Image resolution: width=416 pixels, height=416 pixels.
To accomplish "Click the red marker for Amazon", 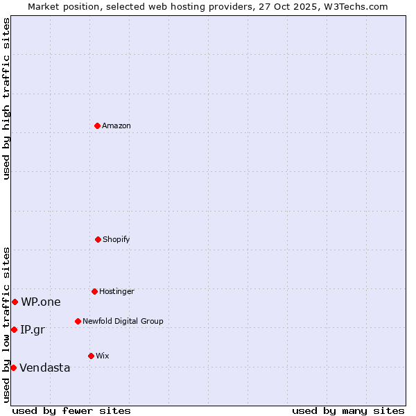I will coord(97,125).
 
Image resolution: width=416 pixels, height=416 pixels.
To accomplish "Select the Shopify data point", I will coord(98,239).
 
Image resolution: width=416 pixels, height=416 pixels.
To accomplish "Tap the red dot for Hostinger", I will coord(94,291).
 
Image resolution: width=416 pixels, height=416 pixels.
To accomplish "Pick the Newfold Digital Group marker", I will coord(78,321).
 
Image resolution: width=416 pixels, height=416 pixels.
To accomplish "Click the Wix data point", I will coord(91,356).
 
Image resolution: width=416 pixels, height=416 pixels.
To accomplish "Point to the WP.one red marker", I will coord(15,302).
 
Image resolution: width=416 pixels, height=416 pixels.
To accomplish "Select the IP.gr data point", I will coord(14,329).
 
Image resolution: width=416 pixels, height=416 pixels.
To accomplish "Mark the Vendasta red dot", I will coord(13,367).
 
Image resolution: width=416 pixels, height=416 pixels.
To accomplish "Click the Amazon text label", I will coord(116,125).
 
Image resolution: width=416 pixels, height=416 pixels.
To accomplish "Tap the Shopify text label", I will coord(116,239).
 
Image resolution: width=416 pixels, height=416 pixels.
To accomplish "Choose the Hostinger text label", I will coord(116,291).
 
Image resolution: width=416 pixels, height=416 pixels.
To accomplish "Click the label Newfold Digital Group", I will coord(123,321).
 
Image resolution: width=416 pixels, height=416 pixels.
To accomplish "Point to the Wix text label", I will coord(103,356).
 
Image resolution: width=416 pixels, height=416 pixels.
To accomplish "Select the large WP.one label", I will coord(41,302).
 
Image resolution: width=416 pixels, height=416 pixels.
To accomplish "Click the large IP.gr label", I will coord(33,329).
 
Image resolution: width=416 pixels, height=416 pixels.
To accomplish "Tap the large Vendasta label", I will coord(45,367).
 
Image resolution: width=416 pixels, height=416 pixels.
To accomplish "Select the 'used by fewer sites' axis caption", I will coord(71,410).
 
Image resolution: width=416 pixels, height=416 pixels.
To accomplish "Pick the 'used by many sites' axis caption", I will coord(348,410).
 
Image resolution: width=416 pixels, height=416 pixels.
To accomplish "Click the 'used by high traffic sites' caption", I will coord(6,98).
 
